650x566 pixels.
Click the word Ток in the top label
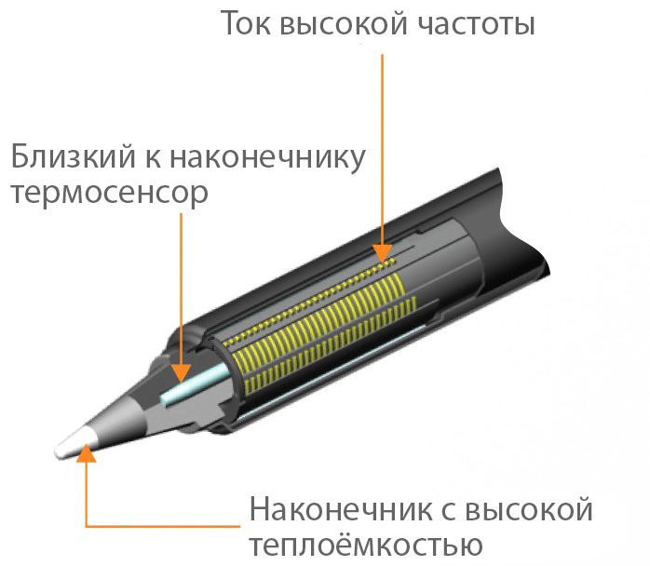point(246,23)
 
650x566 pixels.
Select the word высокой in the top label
point(344,24)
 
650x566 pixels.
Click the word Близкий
point(73,156)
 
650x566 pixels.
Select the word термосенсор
point(110,194)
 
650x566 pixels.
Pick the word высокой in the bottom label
point(529,510)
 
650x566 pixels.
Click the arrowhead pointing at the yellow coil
point(382,253)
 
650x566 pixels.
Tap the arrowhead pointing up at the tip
point(87,452)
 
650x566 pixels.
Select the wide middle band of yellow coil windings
point(318,321)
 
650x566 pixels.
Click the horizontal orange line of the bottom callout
point(163,526)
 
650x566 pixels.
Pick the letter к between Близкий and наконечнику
point(153,159)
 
